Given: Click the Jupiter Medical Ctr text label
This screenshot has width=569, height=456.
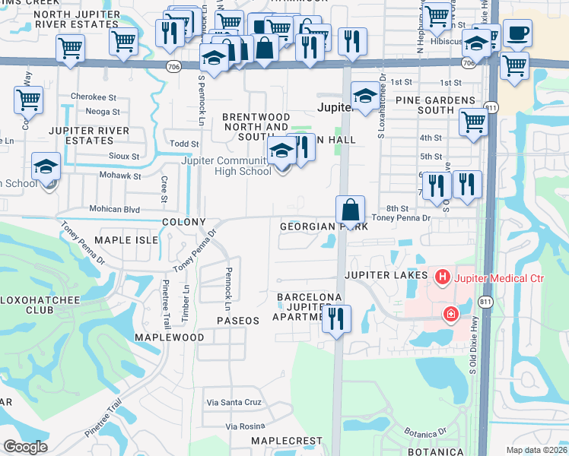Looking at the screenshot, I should (x=499, y=278).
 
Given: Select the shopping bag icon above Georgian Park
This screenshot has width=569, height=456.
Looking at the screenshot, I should (x=350, y=208).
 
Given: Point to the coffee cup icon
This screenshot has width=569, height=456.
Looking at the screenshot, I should (x=517, y=33).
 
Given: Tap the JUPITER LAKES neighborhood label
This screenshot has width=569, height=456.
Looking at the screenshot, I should (x=386, y=274).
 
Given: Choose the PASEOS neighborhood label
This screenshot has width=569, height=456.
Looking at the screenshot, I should (x=238, y=321).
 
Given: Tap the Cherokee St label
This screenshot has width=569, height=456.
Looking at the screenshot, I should (x=93, y=97).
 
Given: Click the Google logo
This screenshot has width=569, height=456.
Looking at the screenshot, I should (x=25, y=447).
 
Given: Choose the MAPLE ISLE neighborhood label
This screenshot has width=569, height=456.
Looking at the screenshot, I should (x=126, y=240).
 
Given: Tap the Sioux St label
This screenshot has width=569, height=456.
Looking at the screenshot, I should (x=124, y=157).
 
